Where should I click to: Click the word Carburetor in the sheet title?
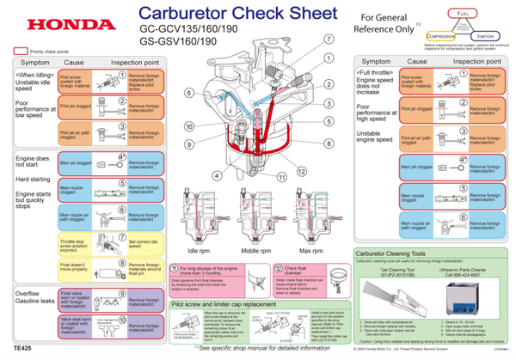pos(181,15)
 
